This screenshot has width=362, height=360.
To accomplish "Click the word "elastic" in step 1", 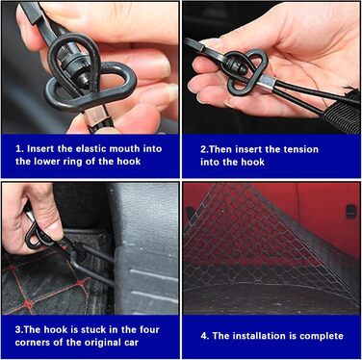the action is pyautogui.click(x=90, y=148).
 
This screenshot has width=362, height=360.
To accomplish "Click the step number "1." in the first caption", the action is pyautogui.click(x=19, y=149).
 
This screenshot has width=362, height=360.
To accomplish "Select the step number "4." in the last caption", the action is pyautogui.click(x=205, y=336).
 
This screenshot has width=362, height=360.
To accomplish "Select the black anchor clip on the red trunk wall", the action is pyautogui.click(x=350, y=212).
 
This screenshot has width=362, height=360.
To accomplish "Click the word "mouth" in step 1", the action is pyautogui.click(x=124, y=148).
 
